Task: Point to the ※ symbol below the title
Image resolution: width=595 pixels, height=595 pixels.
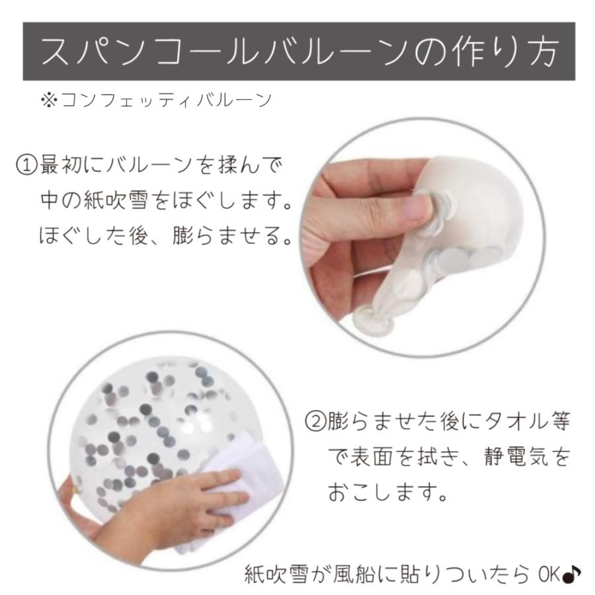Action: [49, 100]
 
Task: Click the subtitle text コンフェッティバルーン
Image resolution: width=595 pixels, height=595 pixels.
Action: [165, 100]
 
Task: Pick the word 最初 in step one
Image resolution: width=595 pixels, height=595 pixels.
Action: [61, 164]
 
